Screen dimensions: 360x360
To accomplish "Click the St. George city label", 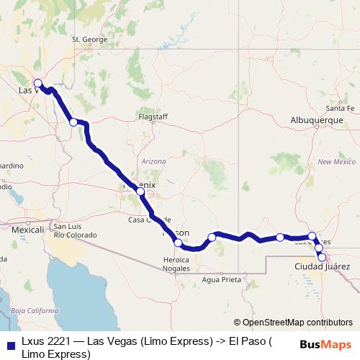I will [89, 59].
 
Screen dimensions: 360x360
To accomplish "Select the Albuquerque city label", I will [316, 120].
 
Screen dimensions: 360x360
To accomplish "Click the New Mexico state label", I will [336, 162].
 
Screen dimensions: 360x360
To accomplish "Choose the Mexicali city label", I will [28, 229].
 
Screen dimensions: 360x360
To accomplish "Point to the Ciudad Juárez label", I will [323, 266].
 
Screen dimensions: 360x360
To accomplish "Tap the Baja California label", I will [35, 310].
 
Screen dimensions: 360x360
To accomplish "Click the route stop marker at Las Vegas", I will [38, 83].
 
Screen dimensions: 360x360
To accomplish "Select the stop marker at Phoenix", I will [140, 192].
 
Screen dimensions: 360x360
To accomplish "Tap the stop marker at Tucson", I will [178, 243].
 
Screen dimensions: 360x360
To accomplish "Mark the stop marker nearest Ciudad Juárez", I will [322, 257].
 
